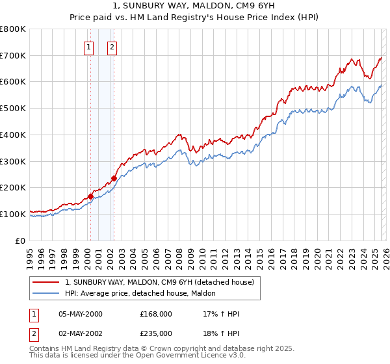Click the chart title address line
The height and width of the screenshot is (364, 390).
pyautogui.click(x=195, y=5)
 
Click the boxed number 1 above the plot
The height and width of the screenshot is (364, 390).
pyautogui.click(x=88, y=46)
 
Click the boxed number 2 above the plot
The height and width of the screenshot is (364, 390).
pyautogui.click(x=112, y=46)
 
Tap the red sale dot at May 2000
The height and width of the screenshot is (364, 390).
pyautogui.click(x=90, y=196)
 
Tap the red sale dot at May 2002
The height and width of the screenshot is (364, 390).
pyautogui.click(x=114, y=178)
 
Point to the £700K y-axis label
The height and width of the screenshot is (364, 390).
pyautogui.click(x=13, y=56)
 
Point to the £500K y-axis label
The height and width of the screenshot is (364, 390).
pyautogui.click(x=13, y=109)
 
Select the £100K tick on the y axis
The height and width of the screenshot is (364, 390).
pyautogui.click(x=13, y=214)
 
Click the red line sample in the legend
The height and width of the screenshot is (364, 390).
pyautogui.click(x=46, y=282)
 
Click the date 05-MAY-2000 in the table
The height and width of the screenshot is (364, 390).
pyautogui.click(x=81, y=314)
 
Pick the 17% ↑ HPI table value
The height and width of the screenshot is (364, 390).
pyautogui.click(x=222, y=314)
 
